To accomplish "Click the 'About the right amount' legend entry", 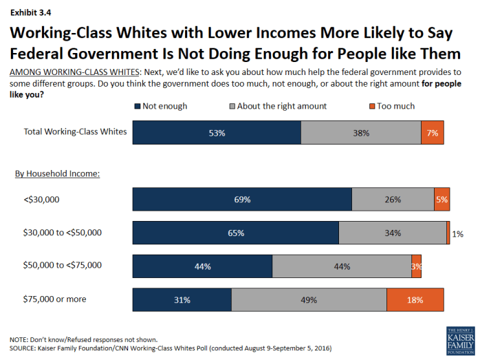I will pos(282,106).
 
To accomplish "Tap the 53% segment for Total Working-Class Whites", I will pos(217,133).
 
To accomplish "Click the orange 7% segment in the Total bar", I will pos(432,133).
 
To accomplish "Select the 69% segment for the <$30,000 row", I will pos(242,200).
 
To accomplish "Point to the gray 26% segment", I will pos(393,200).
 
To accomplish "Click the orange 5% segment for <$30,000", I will pos(441,200).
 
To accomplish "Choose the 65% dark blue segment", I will pos(235,233).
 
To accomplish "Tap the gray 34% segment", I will pos(392,233).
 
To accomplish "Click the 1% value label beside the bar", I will pos(457,234).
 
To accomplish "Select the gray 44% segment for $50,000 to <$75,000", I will pos(342,266).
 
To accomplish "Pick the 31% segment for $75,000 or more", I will pos(182,299).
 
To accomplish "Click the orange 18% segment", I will pos(415,299).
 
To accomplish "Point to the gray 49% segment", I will pos(309,299).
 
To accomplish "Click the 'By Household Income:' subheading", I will pos(58,173).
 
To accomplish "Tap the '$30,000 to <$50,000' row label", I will pos(62,233).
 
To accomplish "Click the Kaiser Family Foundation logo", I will pos(460,340).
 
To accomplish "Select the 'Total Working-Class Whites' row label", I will pos(75,131).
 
